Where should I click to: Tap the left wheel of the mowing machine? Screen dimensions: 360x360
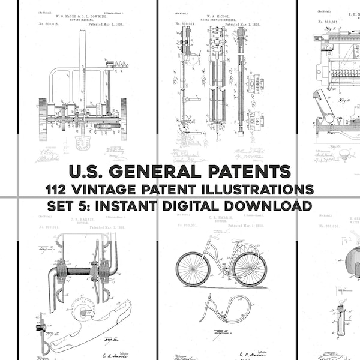click(x=43, y=118)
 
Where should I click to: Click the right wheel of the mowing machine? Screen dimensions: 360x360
click(x=124, y=118)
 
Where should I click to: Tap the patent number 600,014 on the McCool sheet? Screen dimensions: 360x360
click(x=185, y=24)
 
